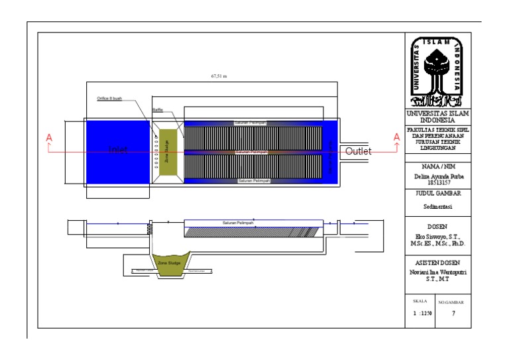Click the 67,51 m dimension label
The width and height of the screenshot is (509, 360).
pyautogui.click(x=219, y=76)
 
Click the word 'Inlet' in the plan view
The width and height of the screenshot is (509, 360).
pyautogui.click(x=118, y=150)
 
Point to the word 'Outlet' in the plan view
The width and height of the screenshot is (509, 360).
pyautogui.click(x=359, y=151)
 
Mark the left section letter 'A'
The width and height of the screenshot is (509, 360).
pyautogui.click(x=48, y=137)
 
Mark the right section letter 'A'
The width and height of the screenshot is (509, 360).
pyautogui.click(x=397, y=137)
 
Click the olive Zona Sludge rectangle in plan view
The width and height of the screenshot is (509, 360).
pyautogui.click(x=168, y=153)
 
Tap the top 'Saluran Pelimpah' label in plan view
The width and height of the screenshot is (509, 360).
pyautogui.click(x=250, y=123)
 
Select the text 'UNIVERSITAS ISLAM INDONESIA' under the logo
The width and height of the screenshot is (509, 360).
pyautogui.click(x=437, y=117)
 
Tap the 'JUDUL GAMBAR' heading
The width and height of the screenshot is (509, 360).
pyautogui.click(x=437, y=194)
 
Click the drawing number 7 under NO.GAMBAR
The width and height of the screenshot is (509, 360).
pyautogui.click(x=453, y=314)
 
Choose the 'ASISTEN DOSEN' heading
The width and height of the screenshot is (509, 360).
pyautogui.click(x=437, y=263)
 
